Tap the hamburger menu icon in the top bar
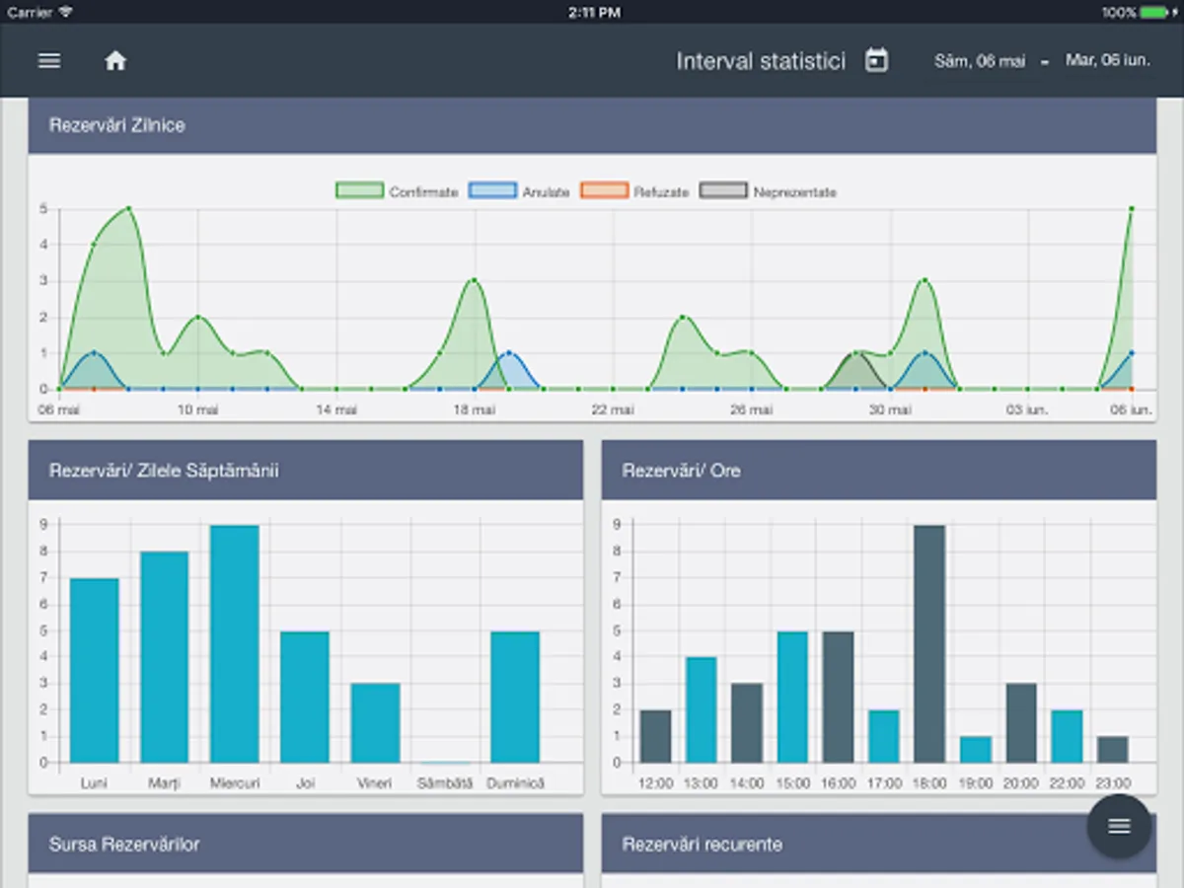49,61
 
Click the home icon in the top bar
115,61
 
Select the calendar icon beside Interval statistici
876,61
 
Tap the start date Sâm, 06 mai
980,61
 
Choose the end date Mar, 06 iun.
1107,60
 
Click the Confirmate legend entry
397,191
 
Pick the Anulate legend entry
520,191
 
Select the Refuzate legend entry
634,191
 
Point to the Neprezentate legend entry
769,191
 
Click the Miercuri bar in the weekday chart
235,643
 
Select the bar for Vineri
375,722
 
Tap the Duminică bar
515,697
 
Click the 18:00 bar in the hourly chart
928,643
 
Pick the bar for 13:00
701,709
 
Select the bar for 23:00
1112,749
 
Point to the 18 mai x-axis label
474,409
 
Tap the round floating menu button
1119,827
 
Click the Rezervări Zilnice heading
116,125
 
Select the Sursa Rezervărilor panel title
124,844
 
